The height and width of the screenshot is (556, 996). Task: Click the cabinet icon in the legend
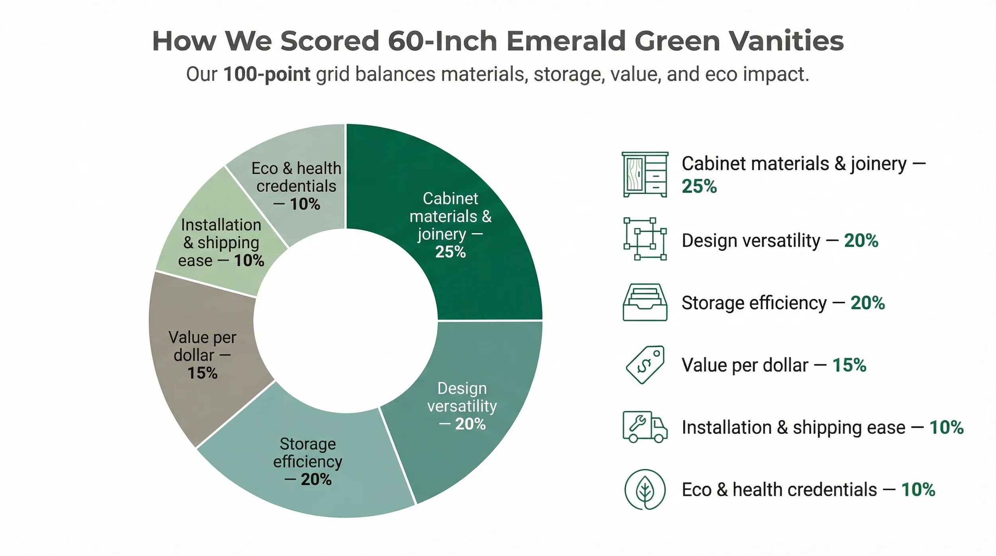pyautogui.click(x=645, y=175)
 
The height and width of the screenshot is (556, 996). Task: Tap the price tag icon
pyautogui.click(x=645, y=365)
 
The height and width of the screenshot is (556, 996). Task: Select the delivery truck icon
pyautogui.click(x=645, y=427)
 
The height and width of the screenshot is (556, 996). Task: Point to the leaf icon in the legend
pyautogui.click(x=645, y=489)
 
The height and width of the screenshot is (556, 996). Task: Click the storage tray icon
pyautogui.click(x=645, y=303)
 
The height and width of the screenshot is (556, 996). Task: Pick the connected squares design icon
pyautogui.click(x=645, y=239)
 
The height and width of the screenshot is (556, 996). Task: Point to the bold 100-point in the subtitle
pyautogui.click(x=267, y=74)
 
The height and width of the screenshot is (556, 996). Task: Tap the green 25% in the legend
pyautogui.click(x=699, y=186)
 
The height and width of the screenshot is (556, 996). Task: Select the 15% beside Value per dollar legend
pyautogui.click(x=849, y=365)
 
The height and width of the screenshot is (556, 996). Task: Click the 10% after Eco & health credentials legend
pyautogui.click(x=918, y=490)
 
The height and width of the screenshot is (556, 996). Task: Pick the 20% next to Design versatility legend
pyautogui.click(x=861, y=241)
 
